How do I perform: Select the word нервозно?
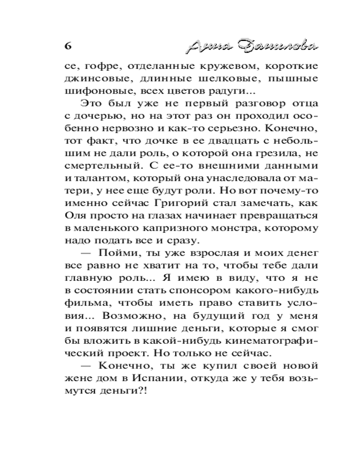pos(130,128)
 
